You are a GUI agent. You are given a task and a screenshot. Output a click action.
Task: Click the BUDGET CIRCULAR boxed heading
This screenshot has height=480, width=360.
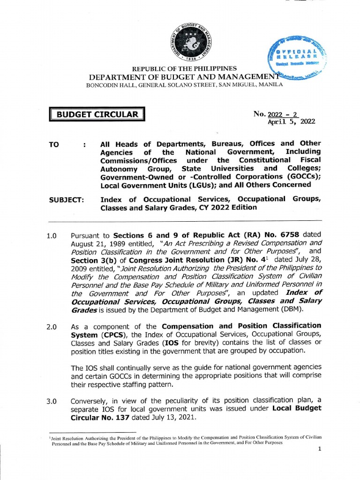pos(97,114)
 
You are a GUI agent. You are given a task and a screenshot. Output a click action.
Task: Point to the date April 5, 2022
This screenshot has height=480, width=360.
pos(291,121)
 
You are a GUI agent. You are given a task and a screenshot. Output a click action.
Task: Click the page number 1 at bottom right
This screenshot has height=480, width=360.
pos(319,449)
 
